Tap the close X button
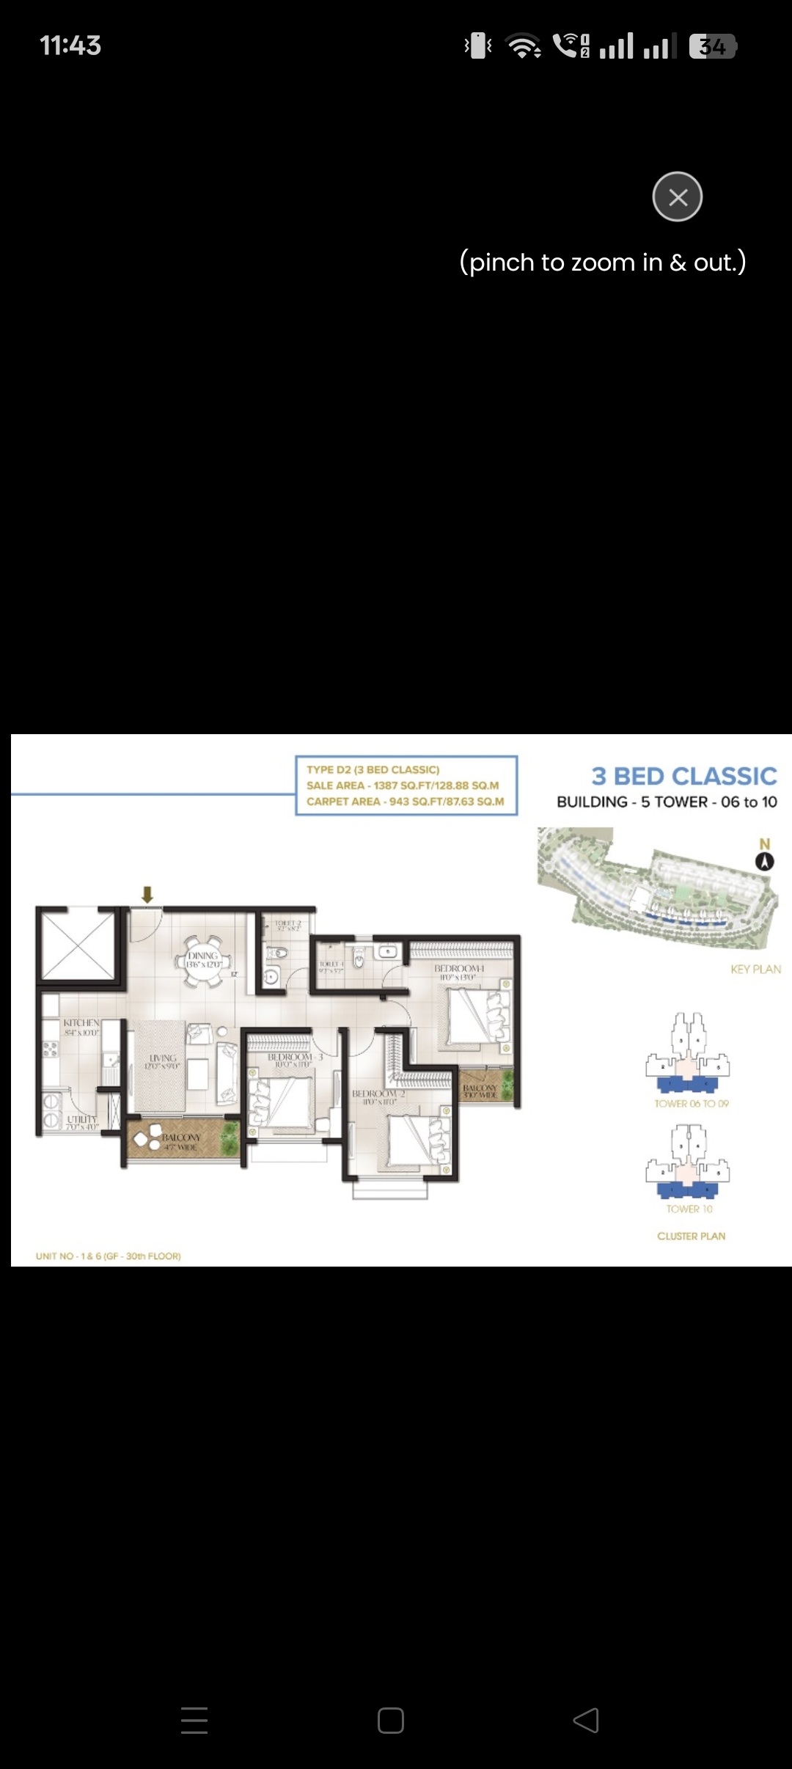(678, 197)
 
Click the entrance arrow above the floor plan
(147, 894)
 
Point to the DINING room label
(203, 956)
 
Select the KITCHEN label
(81, 1022)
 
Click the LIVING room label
(163, 1058)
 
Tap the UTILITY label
(81, 1119)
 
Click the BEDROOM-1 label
(459, 969)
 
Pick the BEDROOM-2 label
(378, 1094)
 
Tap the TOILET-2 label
(287, 923)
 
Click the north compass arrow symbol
(765, 861)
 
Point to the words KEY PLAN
(755, 969)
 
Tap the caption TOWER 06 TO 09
(692, 1103)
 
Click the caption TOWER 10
(689, 1209)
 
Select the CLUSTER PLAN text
(691, 1236)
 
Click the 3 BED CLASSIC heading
(683, 776)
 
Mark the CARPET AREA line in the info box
(405, 802)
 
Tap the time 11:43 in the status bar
(70, 45)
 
